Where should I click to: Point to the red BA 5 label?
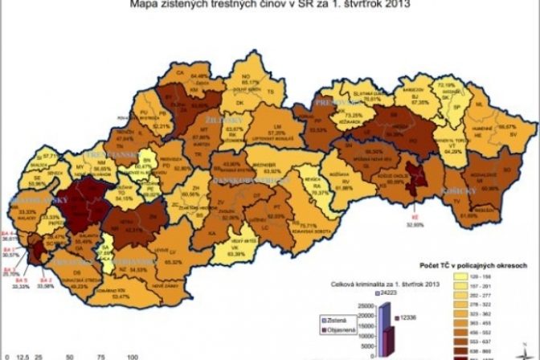click(21, 246)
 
